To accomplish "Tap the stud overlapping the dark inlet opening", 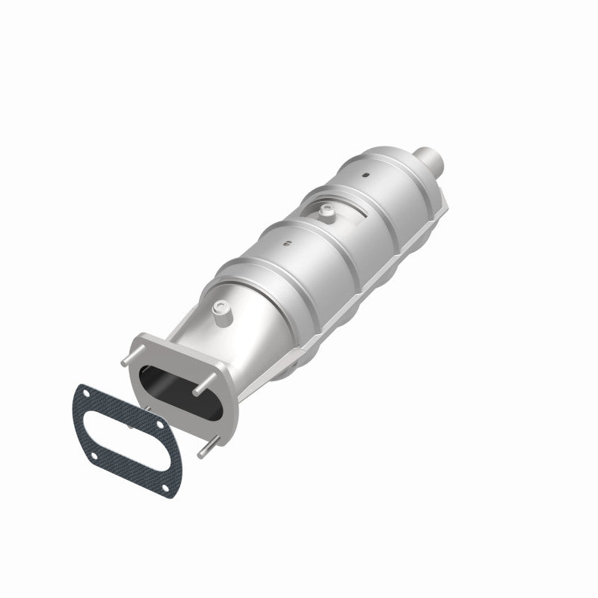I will [197, 390].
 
